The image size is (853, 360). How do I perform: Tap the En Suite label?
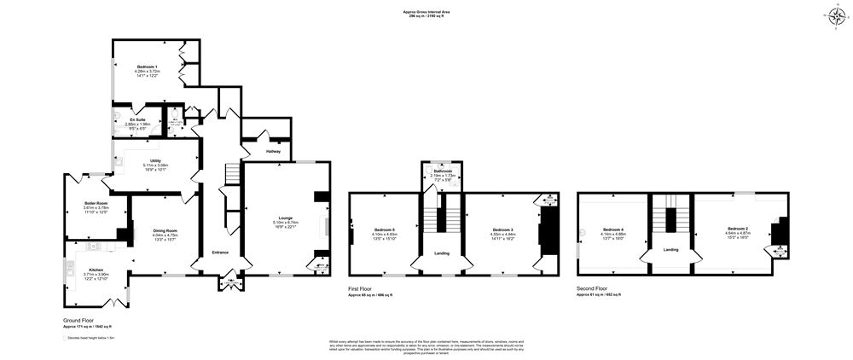137,119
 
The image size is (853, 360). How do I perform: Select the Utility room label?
155,160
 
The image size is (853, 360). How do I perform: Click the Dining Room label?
165,230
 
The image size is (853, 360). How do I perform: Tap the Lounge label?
286,218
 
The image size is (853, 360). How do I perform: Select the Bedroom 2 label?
738,229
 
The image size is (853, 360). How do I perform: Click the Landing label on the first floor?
442,253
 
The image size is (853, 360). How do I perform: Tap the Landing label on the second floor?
672,249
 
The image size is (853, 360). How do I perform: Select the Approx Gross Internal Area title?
426,11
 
